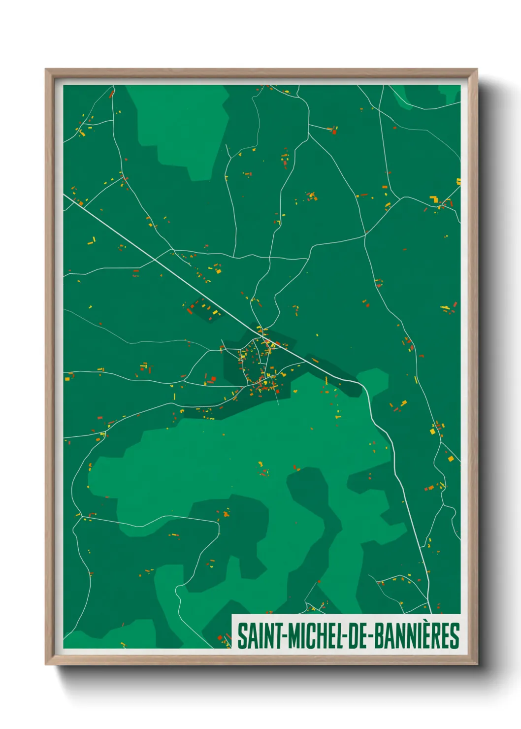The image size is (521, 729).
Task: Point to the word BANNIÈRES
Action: coord(417,636)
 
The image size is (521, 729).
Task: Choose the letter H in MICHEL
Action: coord(320,636)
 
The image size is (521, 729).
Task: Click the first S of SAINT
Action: coord(242,636)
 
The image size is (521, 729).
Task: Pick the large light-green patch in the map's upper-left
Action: coord(182,128)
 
